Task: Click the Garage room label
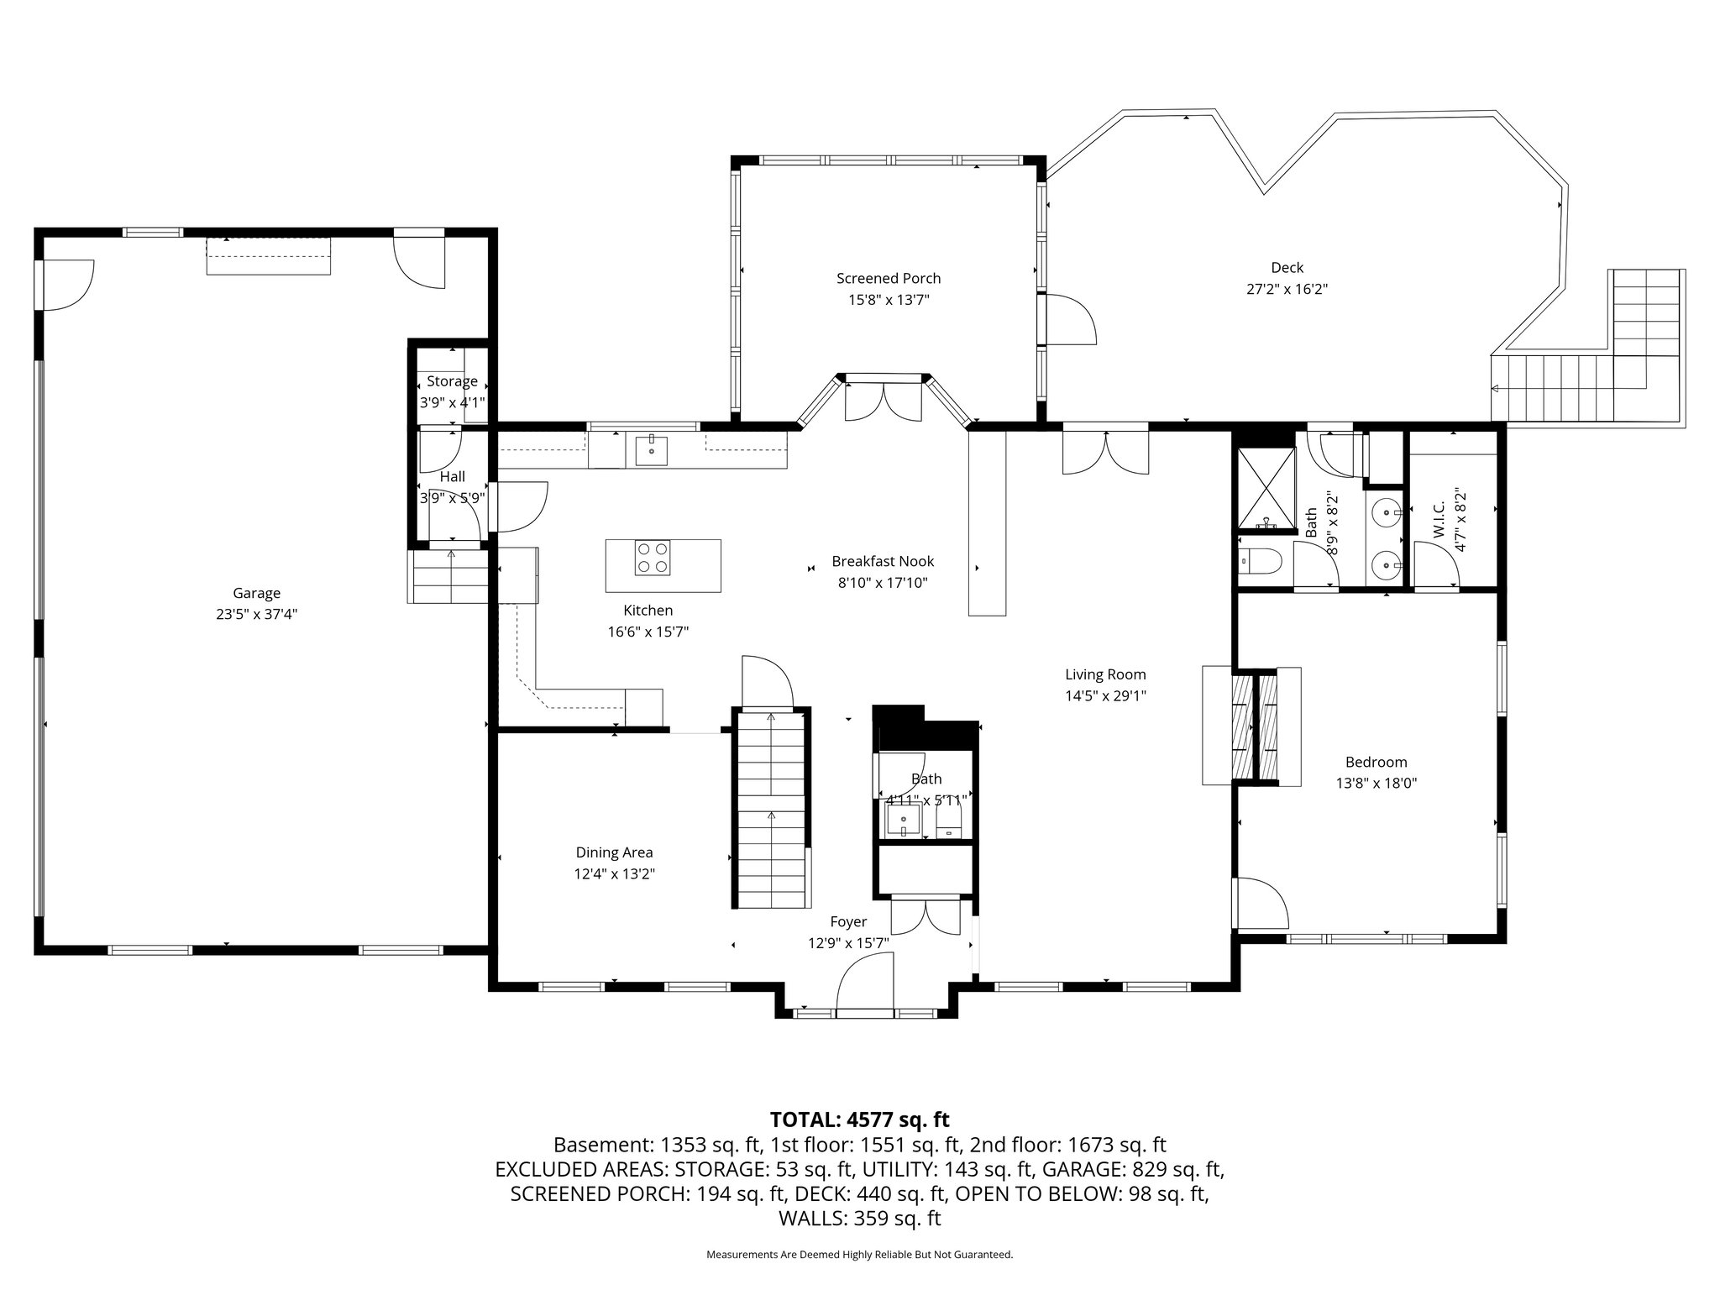coord(256,593)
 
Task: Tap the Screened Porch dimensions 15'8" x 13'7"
coord(889,300)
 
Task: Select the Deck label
coord(1287,268)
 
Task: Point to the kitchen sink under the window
coord(651,450)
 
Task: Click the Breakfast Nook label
coord(883,562)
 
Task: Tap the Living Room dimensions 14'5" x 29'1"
coord(1105,695)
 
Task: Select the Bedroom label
coord(1376,763)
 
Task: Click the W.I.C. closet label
coord(1438,521)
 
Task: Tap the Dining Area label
coord(614,852)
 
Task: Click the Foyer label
coord(848,922)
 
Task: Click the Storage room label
coord(452,381)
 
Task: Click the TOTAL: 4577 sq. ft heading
coord(859,1120)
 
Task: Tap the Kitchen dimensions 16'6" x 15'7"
coord(648,632)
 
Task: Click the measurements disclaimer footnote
coord(859,1255)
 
